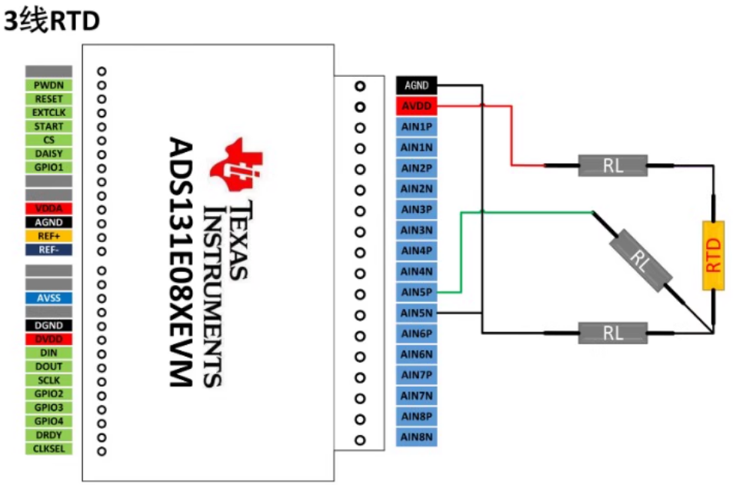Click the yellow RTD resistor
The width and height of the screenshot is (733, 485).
pos(714,255)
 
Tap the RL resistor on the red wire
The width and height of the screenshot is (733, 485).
pos(613,165)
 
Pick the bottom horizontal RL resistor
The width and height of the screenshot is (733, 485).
pos(613,333)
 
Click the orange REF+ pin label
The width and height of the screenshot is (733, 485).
pos(48,236)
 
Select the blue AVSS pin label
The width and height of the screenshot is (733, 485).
pos(48,298)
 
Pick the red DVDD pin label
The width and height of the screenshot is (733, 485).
pos(48,339)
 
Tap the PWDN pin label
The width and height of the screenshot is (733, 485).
pos(48,85)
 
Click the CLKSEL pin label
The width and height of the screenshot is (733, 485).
pos(48,449)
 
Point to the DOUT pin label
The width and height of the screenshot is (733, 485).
pos(48,367)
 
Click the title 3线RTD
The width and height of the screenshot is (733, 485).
pos(52,22)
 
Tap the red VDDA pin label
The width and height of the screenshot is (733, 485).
pos(48,208)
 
